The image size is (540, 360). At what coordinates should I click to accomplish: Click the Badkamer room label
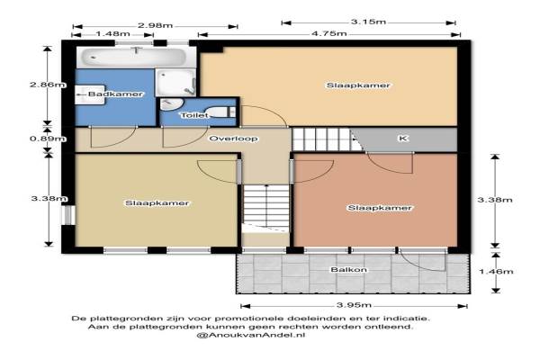pos(115,94)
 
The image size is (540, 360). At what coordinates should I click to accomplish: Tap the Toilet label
pos(194,115)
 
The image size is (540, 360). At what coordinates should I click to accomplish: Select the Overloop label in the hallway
pos(233,139)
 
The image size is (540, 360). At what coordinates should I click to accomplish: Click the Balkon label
pos(348,269)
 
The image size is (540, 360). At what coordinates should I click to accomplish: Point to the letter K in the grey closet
pos(403,138)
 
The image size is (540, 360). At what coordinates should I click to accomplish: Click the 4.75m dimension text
pos(328,34)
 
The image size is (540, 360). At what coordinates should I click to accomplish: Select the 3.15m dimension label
pos(368,22)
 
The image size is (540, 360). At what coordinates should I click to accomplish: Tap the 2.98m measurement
pos(155,25)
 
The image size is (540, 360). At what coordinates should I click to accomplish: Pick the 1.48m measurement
pos(112,34)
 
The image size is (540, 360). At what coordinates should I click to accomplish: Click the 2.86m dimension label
pos(48,85)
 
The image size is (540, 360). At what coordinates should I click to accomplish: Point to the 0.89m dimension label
pos(48,139)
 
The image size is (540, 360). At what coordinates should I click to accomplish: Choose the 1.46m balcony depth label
pos(496,272)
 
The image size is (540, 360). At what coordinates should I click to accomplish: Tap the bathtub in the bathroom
pos(135,57)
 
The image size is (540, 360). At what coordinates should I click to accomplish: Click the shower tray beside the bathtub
pos(175,83)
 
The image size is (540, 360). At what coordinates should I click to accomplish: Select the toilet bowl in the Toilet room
pos(220,112)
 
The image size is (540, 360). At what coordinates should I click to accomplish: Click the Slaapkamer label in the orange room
pos(380,208)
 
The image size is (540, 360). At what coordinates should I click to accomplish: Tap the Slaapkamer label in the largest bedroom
pos(358,85)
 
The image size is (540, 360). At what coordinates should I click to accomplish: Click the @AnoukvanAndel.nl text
pos(251,335)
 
